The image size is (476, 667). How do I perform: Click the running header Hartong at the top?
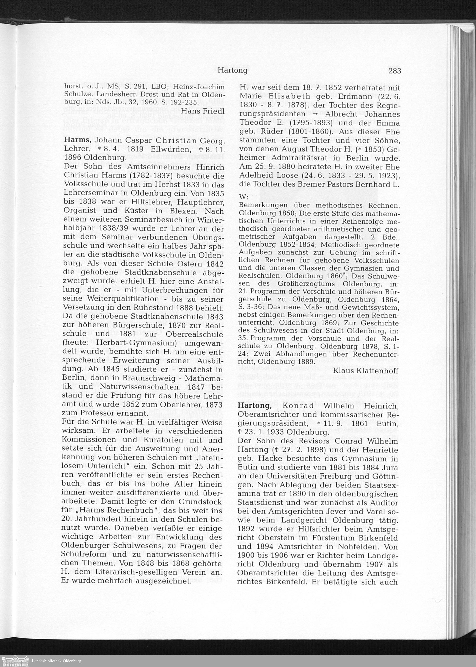[x=233, y=71]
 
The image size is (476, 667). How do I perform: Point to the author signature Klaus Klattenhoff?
[x=366, y=371]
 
